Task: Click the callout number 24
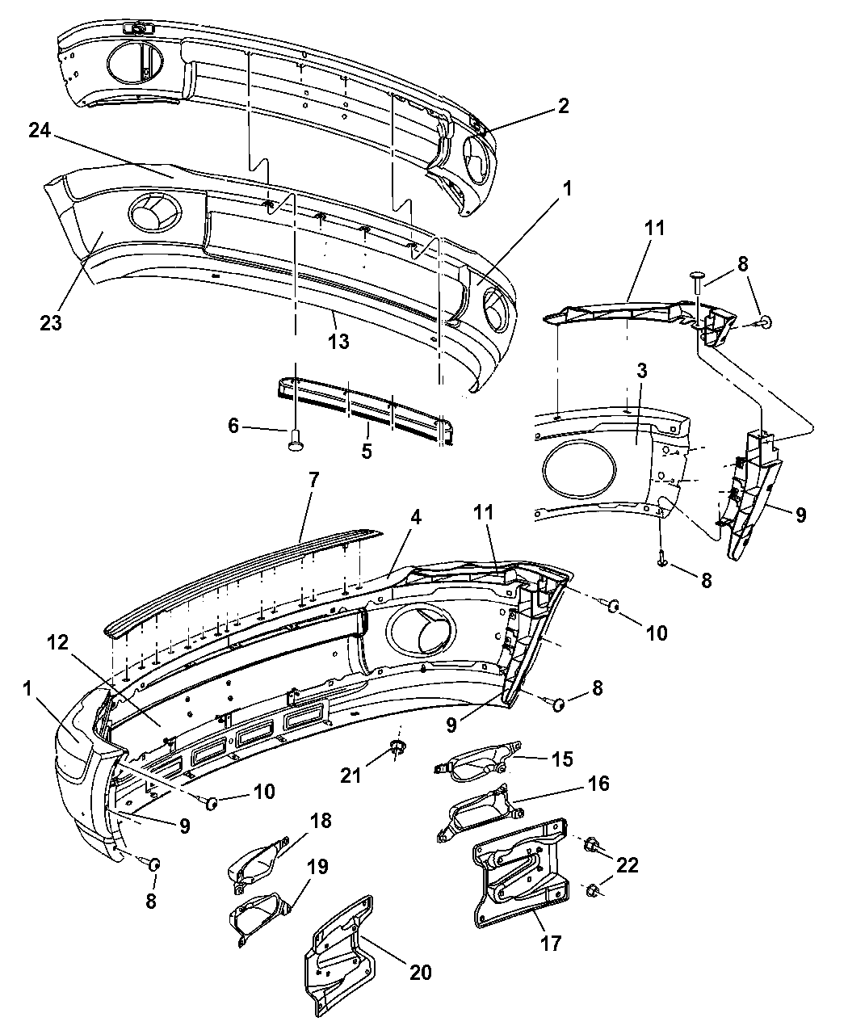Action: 41,131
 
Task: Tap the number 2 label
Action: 562,106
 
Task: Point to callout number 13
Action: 339,341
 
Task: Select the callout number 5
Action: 367,451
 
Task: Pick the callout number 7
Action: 313,480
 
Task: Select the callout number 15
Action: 562,759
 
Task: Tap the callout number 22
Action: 628,865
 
